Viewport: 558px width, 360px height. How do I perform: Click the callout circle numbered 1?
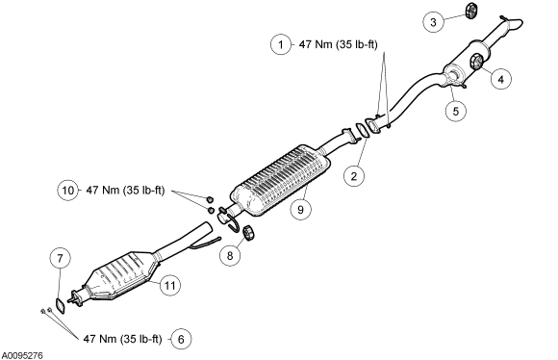coord(281,44)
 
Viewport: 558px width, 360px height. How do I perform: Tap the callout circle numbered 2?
coord(354,176)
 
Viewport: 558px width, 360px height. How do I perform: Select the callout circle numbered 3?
coord(433,22)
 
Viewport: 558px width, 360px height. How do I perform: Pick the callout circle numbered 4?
coord(500,79)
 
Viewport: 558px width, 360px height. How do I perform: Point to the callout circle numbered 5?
coord(456,111)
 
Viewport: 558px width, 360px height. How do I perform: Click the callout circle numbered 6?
coord(181,340)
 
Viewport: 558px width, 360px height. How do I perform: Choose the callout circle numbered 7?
coord(60,258)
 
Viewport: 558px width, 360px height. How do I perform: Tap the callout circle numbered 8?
coord(230,255)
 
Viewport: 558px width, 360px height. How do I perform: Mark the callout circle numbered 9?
coord(300,210)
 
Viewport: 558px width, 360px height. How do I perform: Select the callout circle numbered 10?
coord(67,191)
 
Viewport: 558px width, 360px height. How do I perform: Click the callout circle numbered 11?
coord(169,285)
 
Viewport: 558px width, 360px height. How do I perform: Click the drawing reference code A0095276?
coord(22,355)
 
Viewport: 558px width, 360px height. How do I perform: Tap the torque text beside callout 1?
coord(338,44)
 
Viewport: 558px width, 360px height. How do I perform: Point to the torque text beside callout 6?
coord(122,339)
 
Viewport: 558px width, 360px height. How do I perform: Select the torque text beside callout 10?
coord(125,191)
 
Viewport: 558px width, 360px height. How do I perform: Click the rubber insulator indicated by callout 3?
coord(471,11)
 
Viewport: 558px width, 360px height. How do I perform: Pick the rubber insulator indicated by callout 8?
coord(249,233)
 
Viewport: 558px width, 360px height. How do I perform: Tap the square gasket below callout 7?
coord(61,306)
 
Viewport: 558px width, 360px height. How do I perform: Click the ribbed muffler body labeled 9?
coord(280,181)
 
